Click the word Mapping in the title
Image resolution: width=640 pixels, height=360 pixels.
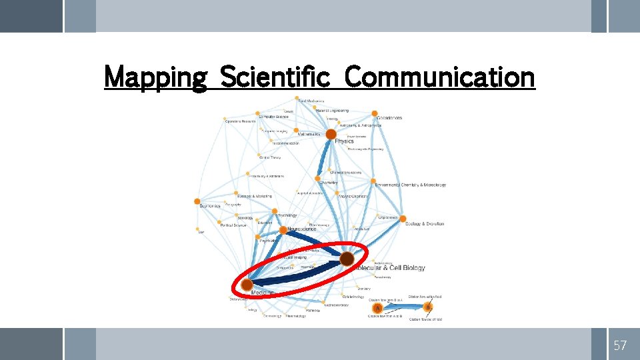point(156,77)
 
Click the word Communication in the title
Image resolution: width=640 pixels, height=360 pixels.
point(439,77)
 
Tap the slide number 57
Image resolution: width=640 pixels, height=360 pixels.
point(620,345)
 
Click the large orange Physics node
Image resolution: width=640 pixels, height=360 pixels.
point(331,135)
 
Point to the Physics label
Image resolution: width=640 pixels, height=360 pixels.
point(344,141)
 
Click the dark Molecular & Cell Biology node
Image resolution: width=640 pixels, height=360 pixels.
point(347,259)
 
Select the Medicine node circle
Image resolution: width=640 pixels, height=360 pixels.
point(247,285)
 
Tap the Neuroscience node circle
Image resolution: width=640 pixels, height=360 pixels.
point(283,230)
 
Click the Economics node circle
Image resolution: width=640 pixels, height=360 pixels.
point(197,201)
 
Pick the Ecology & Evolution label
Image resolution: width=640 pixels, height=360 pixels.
point(424,224)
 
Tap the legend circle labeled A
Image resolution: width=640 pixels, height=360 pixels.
point(377,308)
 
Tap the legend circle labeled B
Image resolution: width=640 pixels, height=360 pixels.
point(427,307)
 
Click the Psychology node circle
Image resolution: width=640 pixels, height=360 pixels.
point(275,211)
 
